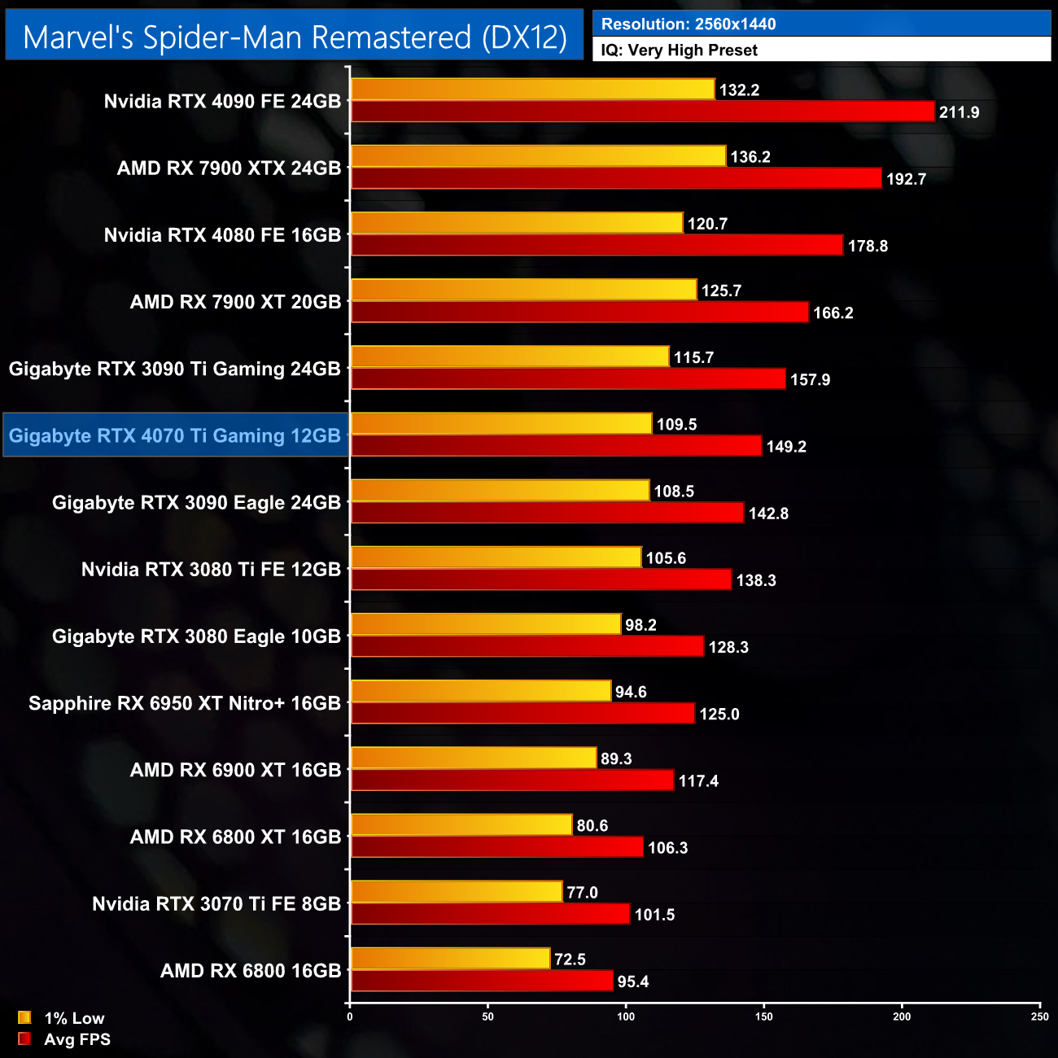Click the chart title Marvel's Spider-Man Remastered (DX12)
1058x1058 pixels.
295,37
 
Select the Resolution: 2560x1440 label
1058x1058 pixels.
689,24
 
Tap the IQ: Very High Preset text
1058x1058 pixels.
679,50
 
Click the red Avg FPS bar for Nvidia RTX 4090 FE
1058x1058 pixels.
642,111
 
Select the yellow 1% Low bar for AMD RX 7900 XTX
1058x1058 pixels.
538,156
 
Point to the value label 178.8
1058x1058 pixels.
868,246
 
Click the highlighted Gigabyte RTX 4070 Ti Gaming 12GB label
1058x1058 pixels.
175,435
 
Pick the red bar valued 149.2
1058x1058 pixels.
556,446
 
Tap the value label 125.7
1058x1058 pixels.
721,291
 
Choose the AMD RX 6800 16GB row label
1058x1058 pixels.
251,971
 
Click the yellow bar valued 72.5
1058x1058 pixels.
450,959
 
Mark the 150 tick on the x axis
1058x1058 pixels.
763,1016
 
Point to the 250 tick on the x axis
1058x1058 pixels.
1039,1016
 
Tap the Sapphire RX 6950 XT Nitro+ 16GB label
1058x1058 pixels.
185,703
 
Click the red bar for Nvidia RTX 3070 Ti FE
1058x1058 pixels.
490,915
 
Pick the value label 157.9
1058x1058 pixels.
810,379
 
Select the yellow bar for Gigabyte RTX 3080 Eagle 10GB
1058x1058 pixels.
486,624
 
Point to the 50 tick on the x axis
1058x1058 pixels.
487,1016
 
